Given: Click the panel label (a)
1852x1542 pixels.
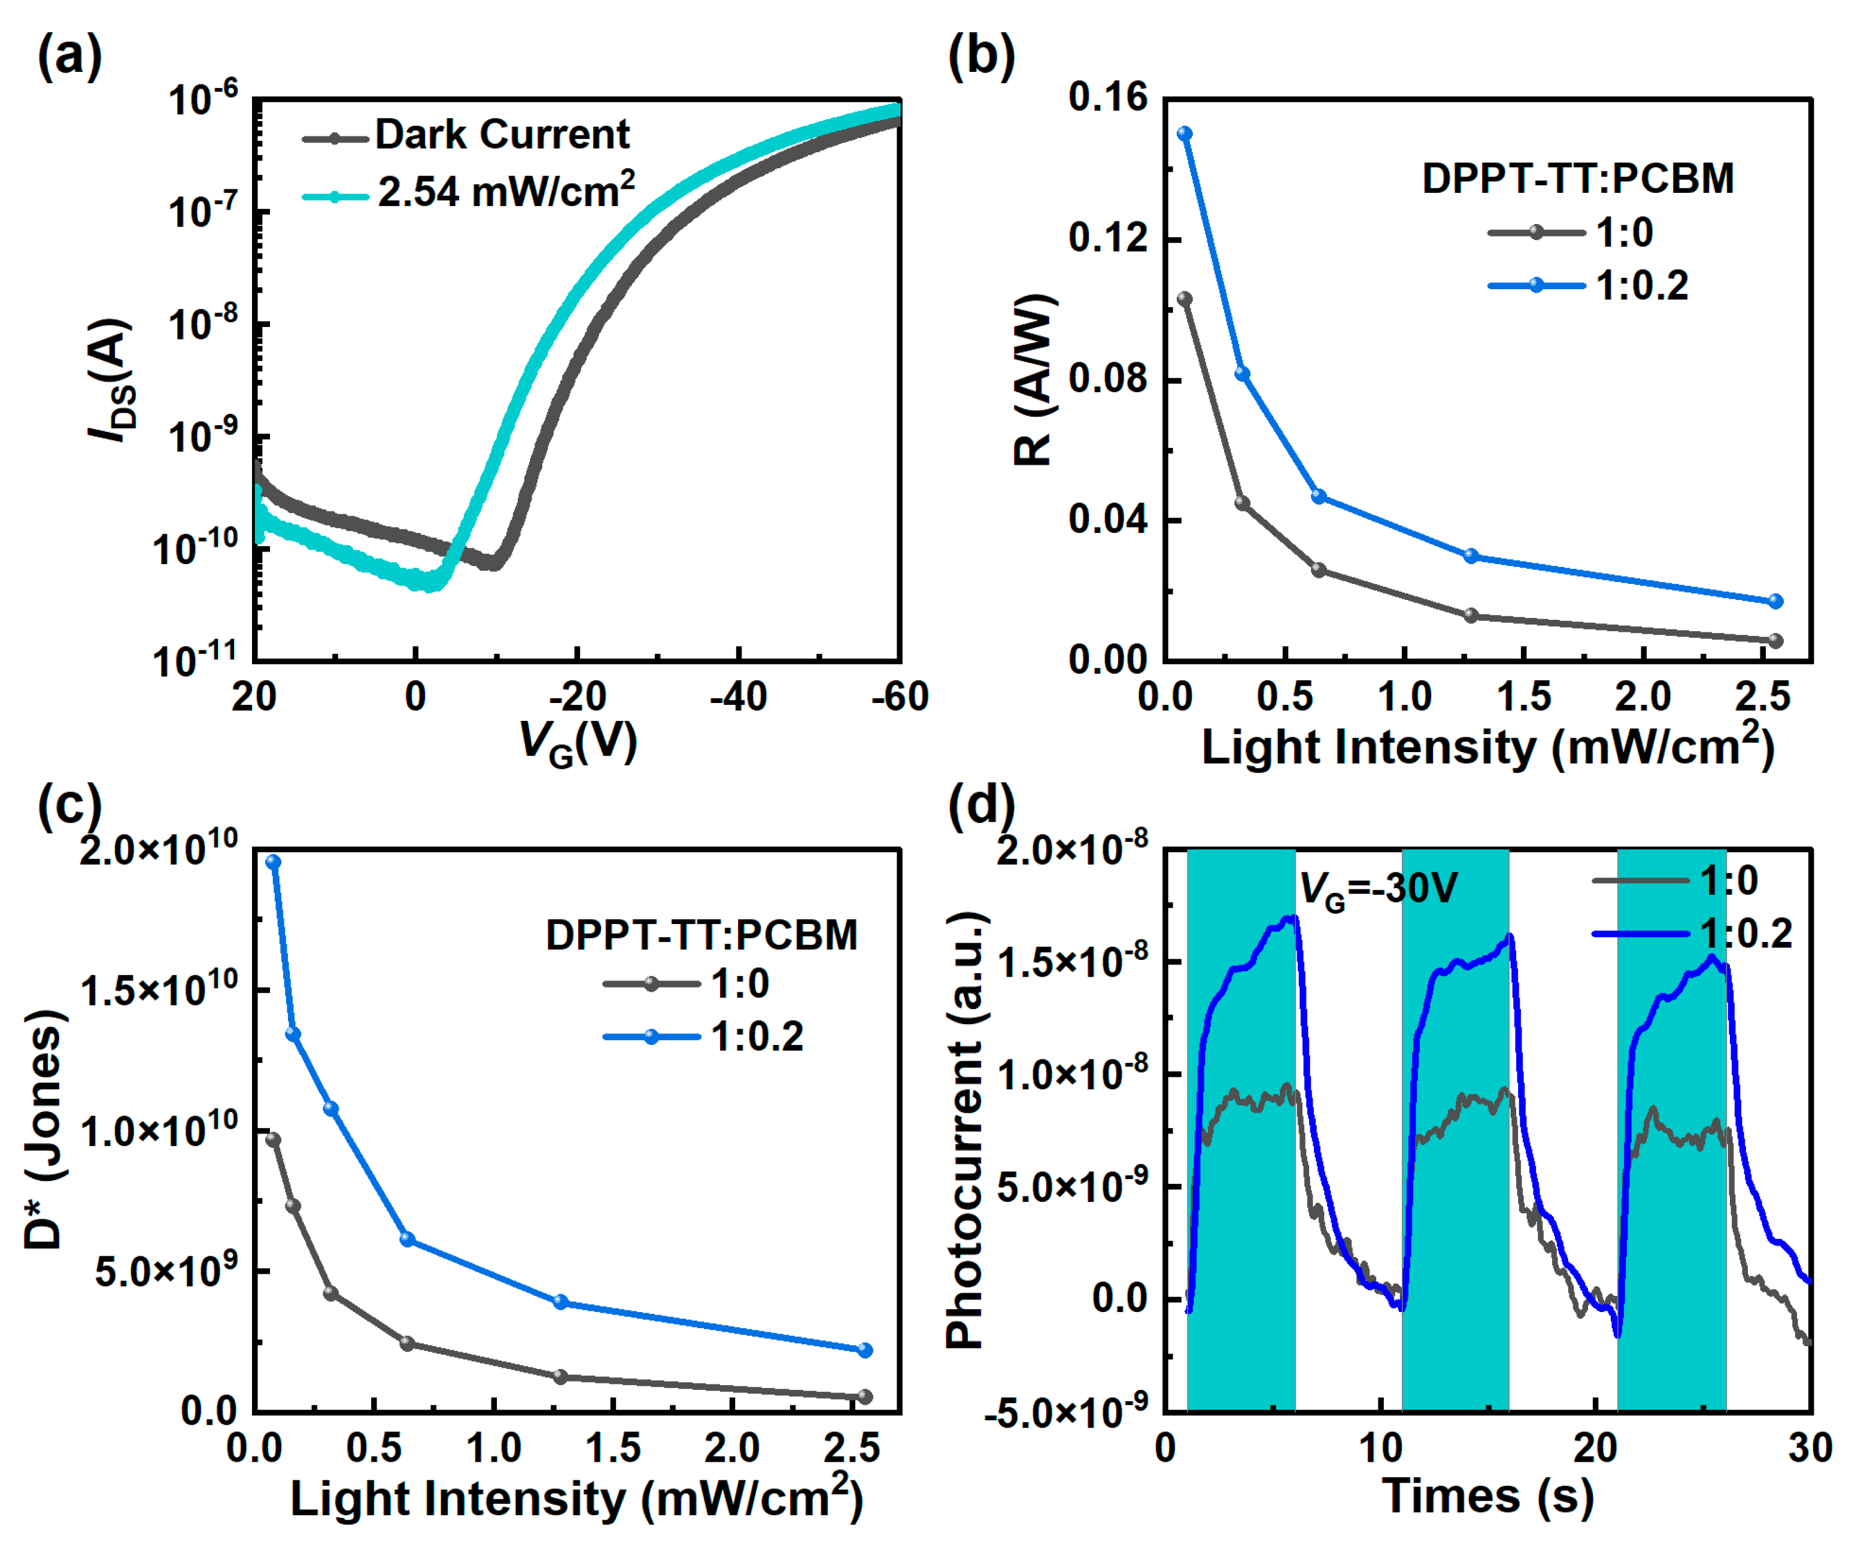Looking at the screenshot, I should tap(69, 57).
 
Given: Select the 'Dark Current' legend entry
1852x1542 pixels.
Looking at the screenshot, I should tap(501, 135).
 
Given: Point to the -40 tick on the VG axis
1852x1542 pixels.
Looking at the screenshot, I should tap(737, 698).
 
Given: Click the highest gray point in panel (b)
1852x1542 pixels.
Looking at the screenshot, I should tap(1185, 299).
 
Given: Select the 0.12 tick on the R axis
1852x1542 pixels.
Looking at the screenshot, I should tap(1109, 238).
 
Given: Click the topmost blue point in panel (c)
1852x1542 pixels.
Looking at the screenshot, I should tap(274, 862).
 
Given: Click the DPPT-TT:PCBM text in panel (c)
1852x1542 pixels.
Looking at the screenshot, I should tap(701, 935).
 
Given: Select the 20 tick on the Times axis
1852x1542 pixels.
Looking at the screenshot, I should tap(1595, 1449).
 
